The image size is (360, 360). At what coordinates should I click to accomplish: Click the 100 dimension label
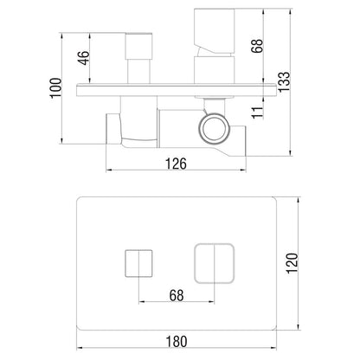click(x=56, y=88)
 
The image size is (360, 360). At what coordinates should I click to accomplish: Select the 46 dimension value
click(x=84, y=58)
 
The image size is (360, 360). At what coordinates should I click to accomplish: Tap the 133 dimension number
click(x=284, y=81)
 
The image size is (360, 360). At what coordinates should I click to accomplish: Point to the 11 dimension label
click(x=258, y=112)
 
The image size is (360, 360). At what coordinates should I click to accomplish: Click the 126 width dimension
click(x=176, y=164)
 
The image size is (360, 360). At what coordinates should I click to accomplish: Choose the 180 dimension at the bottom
click(x=177, y=342)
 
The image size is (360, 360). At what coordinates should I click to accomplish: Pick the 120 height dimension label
click(x=292, y=263)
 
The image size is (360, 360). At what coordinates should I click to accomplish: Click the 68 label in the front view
click(x=177, y=296)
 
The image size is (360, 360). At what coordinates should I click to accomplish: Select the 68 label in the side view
click(x=257, y=46)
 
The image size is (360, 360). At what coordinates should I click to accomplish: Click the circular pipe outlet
click(x=214, y=129)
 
